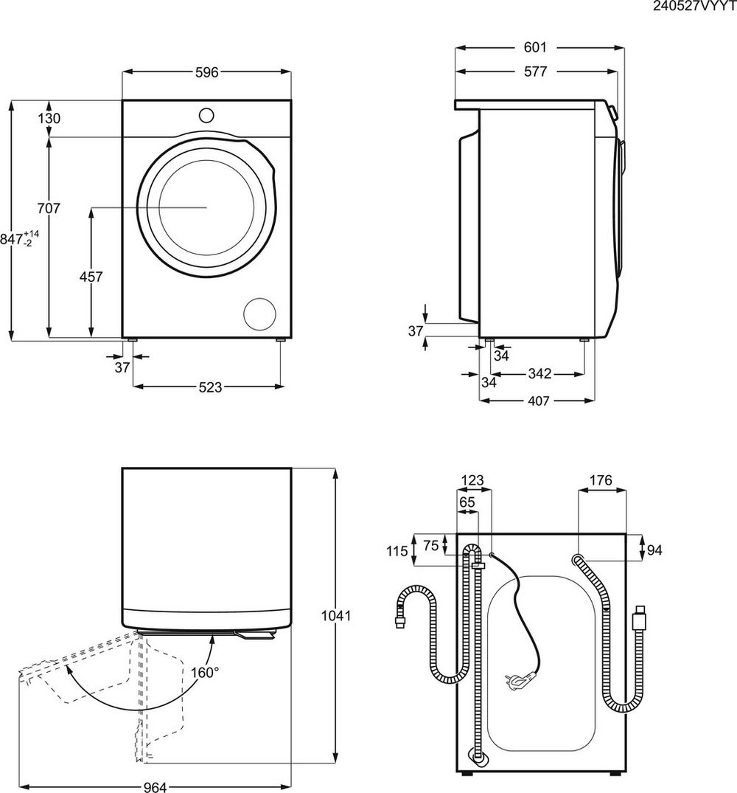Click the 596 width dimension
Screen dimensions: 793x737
click(206, 72)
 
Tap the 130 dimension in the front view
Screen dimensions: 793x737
click(49, 118)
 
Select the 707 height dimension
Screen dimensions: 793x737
click(49, 209)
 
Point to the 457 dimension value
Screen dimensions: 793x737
click(91, 277)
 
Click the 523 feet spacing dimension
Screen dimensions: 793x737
click(210, 387)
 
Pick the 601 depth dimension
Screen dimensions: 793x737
click(535, 47)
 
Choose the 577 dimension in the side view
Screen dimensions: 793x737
click(535, 72)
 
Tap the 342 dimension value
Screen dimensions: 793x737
click(539, 374)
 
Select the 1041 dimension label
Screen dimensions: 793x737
click(335, 614)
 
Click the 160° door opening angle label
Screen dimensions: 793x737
click(206, 672)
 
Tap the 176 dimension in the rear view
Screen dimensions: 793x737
click(601, 481)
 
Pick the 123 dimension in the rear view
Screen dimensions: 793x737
click(472, 481)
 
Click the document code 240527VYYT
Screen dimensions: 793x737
click(694, 7)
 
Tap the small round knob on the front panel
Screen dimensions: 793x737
click(206, 114)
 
